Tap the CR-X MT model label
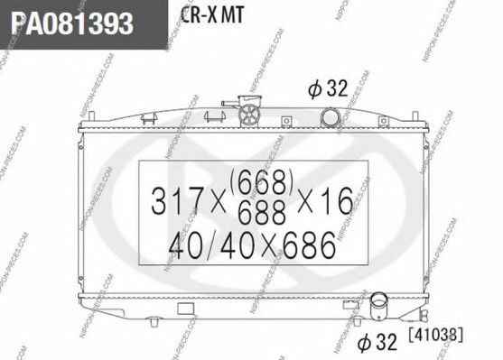tap(209, 17)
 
